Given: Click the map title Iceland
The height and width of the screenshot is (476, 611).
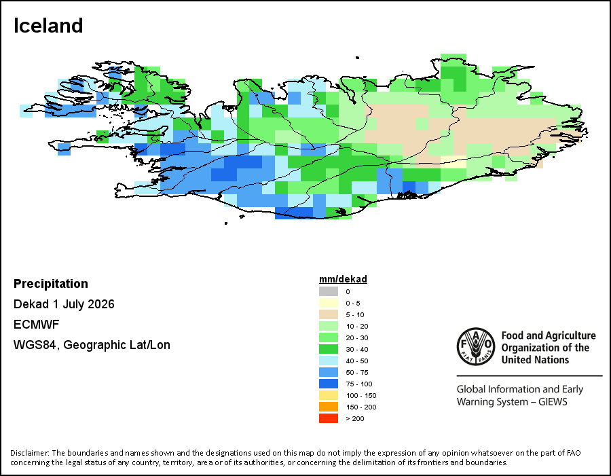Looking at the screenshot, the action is point(48,26).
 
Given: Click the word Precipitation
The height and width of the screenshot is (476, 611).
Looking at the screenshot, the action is point(51,283).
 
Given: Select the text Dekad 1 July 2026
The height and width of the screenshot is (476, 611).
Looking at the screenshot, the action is point(64,304).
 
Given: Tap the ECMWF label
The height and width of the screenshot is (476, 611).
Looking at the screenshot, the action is point(36,325).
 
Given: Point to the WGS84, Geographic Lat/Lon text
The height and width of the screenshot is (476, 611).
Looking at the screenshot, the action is point(92,345).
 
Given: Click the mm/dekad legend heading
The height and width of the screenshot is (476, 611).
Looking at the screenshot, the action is point(343,279).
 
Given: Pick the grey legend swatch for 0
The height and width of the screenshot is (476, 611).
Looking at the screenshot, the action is point(329,291).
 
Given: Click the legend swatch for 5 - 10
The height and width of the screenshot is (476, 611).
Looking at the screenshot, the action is point(329,314).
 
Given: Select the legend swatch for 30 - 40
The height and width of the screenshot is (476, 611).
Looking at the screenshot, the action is point(329,349).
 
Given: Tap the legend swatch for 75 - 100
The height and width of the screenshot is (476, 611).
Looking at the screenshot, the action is point(329,384).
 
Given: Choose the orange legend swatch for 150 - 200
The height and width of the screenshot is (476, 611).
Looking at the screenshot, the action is point(329,407).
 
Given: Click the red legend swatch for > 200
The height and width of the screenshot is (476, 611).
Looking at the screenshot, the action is point(329,418).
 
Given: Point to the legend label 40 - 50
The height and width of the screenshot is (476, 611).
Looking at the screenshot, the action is point(357,361).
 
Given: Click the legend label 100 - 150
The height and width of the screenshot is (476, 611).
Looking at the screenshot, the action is point(361,396).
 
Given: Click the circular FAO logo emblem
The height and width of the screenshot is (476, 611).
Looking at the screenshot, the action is point(476,346).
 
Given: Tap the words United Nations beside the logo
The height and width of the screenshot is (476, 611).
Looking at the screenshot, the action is point(535,359).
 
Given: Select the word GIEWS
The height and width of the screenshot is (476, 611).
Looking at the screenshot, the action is point(553,401).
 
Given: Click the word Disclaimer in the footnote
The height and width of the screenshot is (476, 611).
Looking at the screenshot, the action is point(30,453).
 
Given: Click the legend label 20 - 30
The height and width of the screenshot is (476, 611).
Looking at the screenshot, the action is point(357,338).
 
